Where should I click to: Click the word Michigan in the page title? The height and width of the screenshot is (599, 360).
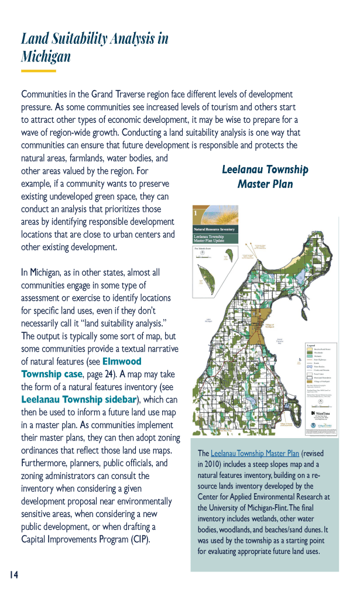coord(46,57)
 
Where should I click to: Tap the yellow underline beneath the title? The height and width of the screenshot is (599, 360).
coord(38,71)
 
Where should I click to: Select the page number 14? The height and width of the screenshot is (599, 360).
coord(14,575)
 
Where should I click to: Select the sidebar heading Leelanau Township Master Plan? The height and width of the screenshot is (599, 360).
coord(265,177)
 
